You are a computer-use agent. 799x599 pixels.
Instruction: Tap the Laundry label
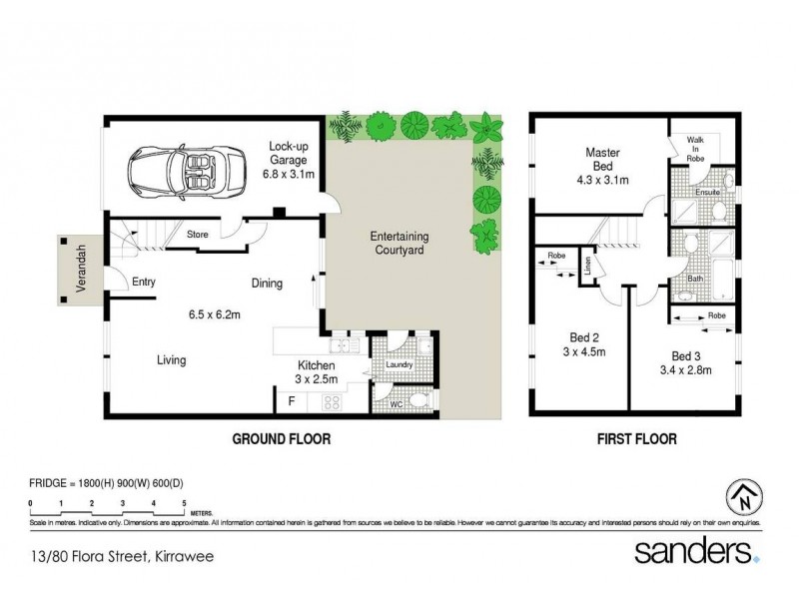click(399, 364)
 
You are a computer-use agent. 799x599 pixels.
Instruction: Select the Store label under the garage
click(197, 235)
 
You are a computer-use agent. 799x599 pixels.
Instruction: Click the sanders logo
click(697, 553)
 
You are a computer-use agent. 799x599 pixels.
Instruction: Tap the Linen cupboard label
click(588, 269)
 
